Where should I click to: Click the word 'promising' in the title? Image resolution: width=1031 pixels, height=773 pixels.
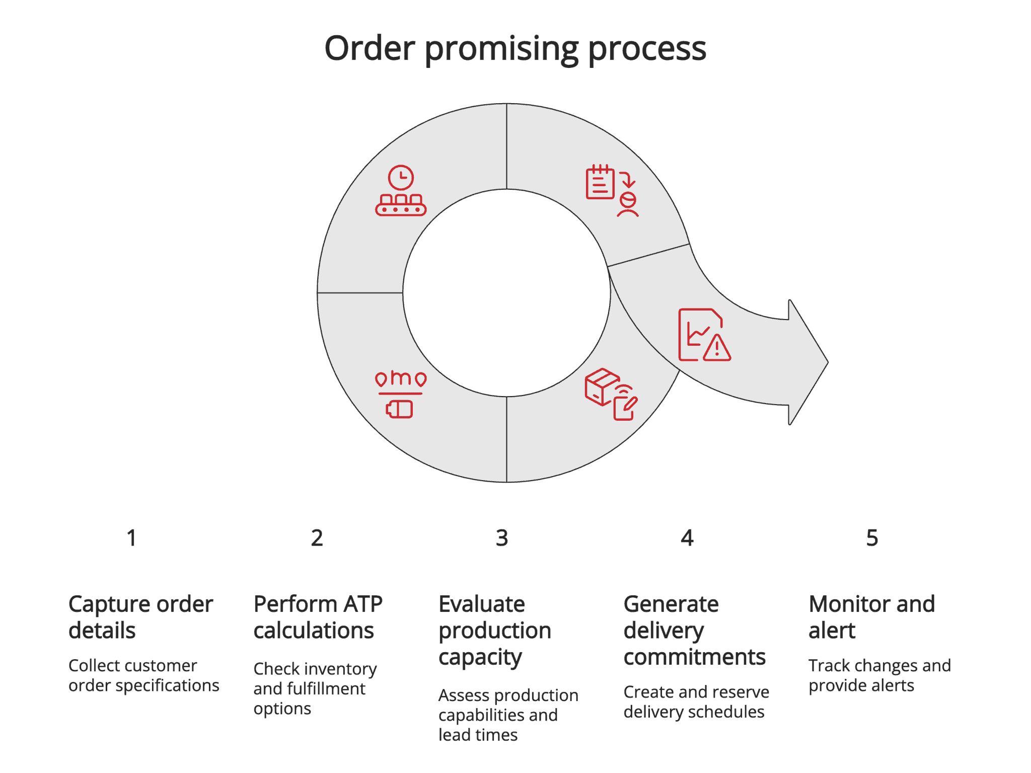pos(502,49)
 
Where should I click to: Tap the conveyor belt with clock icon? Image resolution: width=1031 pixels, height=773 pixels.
pos(401,191)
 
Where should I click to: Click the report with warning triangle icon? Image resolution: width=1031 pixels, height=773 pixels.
pos(704,335)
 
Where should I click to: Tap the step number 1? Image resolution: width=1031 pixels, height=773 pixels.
pos(131,538)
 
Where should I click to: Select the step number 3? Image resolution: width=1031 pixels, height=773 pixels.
pos(501,538)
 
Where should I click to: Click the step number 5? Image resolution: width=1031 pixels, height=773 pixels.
pos(872,538)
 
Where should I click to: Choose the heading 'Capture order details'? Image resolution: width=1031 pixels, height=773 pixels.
pos(140,617)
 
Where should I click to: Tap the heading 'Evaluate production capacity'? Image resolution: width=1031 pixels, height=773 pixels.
pos(494,630)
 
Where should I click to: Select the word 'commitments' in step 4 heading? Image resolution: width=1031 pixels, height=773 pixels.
pos(694,657)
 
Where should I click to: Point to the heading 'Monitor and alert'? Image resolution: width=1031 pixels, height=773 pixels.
pos(871,617)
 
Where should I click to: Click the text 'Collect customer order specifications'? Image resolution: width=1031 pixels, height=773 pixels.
pos(143,675)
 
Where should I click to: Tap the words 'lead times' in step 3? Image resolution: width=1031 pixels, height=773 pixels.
pos(478,735)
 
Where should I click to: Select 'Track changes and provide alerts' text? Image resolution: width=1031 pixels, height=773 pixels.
pos(879,675)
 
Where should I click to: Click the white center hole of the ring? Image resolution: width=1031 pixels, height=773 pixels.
pos(506,293)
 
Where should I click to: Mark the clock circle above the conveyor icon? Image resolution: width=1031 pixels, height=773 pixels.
pos(401,178)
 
